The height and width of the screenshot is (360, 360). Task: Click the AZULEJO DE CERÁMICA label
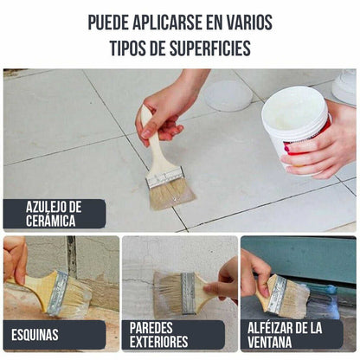[54, 214]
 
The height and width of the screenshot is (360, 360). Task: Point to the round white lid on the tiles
[228, 95]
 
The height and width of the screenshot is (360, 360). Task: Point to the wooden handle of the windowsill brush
[262, 289]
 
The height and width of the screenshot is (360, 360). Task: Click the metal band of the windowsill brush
[276, 294]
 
